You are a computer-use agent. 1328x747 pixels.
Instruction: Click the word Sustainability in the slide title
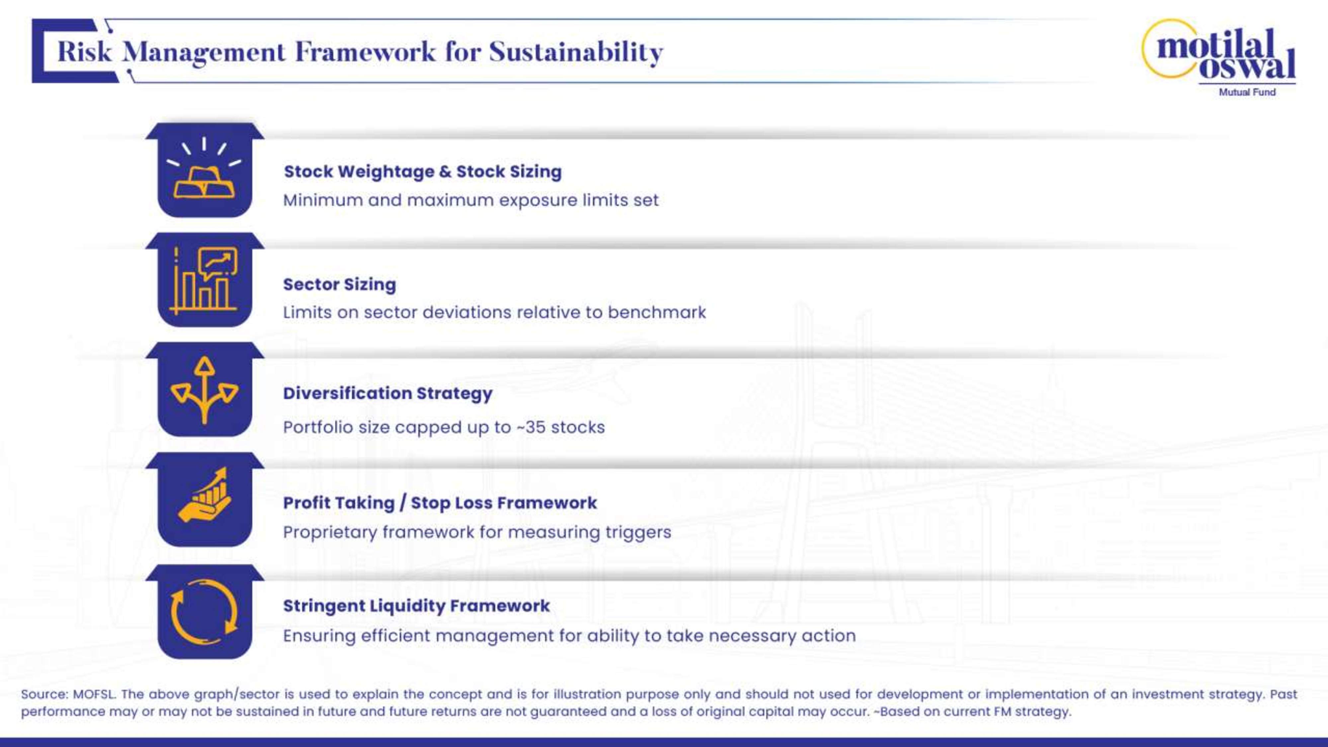click(576, 52)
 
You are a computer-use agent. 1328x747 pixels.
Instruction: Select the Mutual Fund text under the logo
click(1247, 92)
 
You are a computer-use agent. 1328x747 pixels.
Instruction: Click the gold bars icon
click(205, 168)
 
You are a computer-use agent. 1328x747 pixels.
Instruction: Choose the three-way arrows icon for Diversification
click(205, 390)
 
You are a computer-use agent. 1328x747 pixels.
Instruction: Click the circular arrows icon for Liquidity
click(205, 612)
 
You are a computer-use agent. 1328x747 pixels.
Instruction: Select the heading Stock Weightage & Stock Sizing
click(423, 172)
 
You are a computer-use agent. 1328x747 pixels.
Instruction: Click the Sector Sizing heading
click(340, 284)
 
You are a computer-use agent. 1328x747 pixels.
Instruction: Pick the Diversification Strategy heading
click(388, 393)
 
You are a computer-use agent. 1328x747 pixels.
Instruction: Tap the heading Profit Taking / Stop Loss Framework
click(440, 503)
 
